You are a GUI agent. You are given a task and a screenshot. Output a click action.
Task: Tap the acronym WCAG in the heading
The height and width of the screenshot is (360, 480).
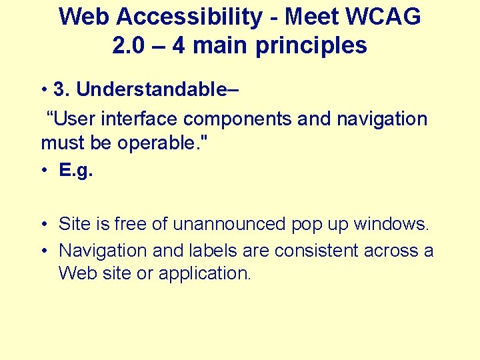384,17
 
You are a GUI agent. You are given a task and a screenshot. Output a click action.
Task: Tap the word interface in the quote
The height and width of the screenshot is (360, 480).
139,119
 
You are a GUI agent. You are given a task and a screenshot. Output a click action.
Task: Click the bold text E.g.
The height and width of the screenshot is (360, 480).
76,171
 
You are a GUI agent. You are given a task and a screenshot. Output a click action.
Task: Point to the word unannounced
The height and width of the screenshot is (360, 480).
230,224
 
